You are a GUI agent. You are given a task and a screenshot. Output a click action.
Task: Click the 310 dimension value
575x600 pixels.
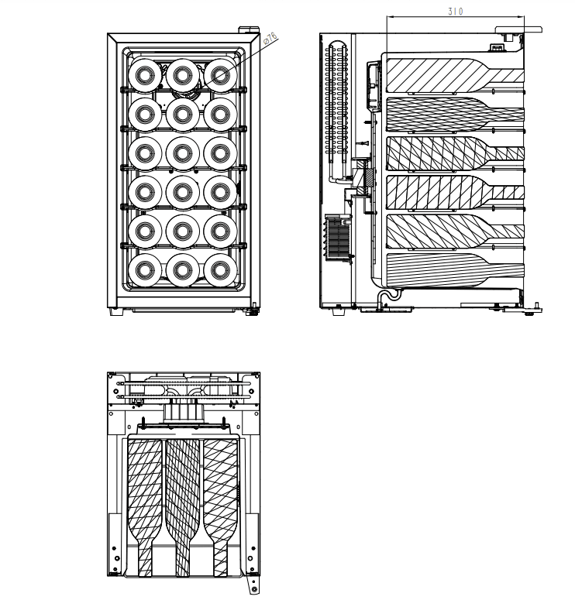tap(456, 11)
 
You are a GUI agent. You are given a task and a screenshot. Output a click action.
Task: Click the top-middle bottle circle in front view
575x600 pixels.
tap(182, 75)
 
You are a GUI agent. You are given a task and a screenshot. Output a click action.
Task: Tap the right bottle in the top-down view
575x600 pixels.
tap(221, 495)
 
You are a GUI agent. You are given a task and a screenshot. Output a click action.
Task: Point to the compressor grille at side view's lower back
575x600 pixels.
tap(339, 236)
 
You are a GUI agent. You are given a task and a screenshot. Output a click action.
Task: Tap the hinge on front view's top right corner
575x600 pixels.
tap(249, 32)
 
